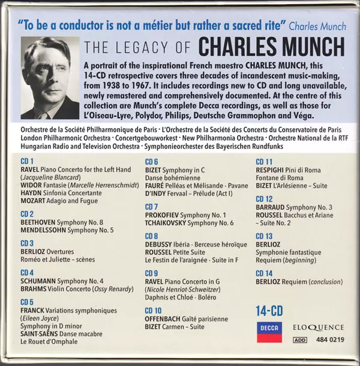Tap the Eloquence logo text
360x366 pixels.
(x=319, y=327)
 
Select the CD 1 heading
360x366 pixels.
(x=28, y=161)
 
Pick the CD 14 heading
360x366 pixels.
(x=265, y=274)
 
